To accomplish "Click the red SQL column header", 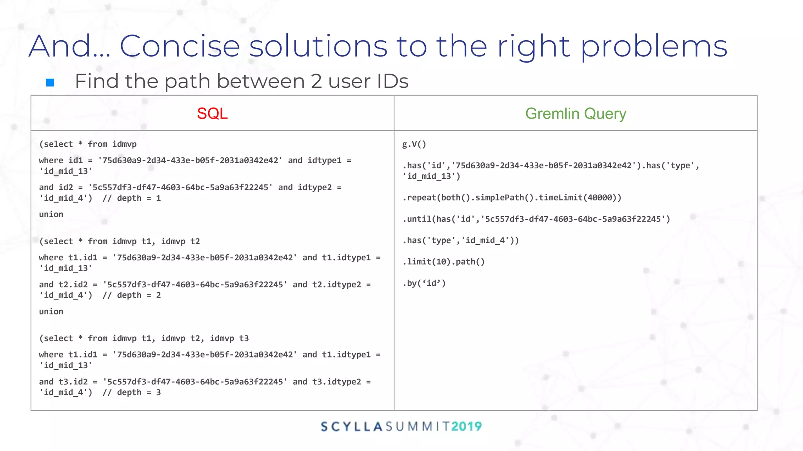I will coord(212,114).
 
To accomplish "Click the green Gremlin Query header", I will coord(576,114).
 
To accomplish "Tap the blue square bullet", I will coord(50,83).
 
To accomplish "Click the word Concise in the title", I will coord(179,46).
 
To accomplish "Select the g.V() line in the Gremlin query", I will coord(414,144).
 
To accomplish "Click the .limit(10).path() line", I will coord(443,262).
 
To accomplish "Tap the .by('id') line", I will coord(424,283).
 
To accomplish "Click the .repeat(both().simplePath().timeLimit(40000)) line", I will coord(512,197).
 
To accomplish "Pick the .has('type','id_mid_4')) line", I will coord(460,240).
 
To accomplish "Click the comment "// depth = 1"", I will coord(132,198).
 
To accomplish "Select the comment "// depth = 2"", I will coord(132,295).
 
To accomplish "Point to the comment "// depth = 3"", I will coord(132,392).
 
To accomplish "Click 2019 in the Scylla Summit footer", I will coord(466,426).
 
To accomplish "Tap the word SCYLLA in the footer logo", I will coord(352,426).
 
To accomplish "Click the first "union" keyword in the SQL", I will coord(51,214).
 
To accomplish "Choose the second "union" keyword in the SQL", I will coord(51,311).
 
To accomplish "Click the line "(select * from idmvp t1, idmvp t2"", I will coord(120,241).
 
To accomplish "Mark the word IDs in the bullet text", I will coord(392,81).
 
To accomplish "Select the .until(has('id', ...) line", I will coord(536,219).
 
